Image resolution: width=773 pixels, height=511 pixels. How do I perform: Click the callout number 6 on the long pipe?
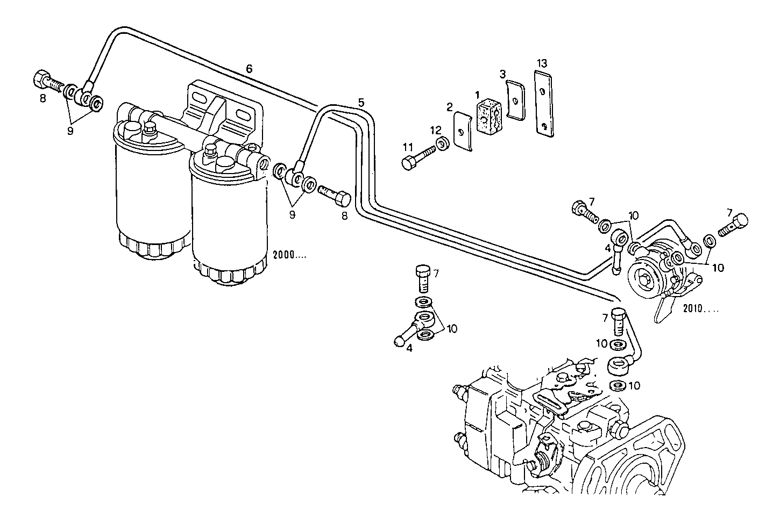249,68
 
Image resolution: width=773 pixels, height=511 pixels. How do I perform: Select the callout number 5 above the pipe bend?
361,102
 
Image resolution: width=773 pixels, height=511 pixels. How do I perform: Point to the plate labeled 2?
463,131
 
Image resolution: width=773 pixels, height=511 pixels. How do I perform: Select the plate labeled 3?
516,100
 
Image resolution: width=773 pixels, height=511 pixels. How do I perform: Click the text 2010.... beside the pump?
700,309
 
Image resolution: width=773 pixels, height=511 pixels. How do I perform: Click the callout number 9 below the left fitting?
70,131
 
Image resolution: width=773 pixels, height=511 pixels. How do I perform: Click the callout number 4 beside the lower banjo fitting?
409,348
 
